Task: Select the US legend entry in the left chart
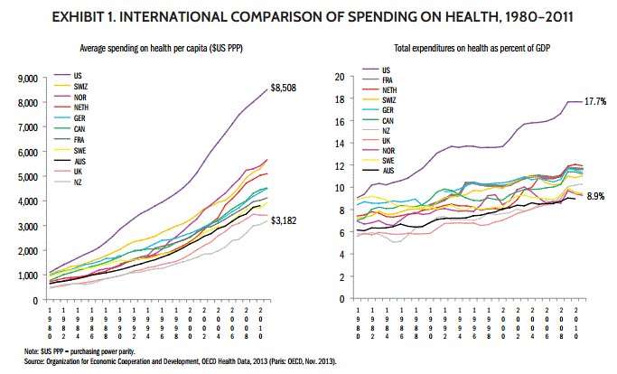coord(77,75)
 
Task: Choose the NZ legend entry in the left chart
coord(77,182)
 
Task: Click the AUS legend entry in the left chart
coord(79,161)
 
